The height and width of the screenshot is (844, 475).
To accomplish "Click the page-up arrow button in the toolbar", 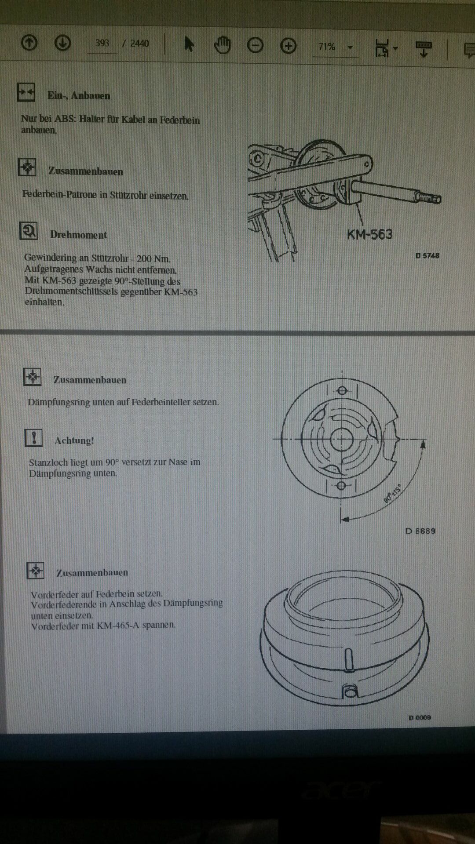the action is (29, 43).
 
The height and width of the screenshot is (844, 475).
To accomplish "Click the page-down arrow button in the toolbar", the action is (62, 43).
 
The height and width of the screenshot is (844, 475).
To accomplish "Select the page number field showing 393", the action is (102, 43).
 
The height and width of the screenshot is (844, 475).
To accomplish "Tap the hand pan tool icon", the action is (222, 45).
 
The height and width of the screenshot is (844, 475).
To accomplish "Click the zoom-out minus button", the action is (255, 45).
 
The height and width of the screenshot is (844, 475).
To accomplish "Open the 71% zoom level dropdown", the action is (350, 47).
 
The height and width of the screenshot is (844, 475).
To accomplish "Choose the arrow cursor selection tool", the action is (189, 44).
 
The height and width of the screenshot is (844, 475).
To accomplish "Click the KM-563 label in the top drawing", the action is (369, 234).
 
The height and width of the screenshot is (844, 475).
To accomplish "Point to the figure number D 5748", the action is (427, 255).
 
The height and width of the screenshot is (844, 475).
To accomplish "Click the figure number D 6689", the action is (420, 531).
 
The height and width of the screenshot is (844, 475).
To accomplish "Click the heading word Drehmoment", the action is (78, 235).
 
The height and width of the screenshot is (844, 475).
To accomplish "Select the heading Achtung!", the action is (74, 440).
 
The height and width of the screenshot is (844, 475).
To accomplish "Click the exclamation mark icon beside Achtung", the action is (33, 438).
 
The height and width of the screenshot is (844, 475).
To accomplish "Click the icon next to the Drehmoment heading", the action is (29, 231).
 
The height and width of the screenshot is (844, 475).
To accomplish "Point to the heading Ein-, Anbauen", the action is (79, 95).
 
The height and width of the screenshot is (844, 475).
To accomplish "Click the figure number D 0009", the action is (420, 718).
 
